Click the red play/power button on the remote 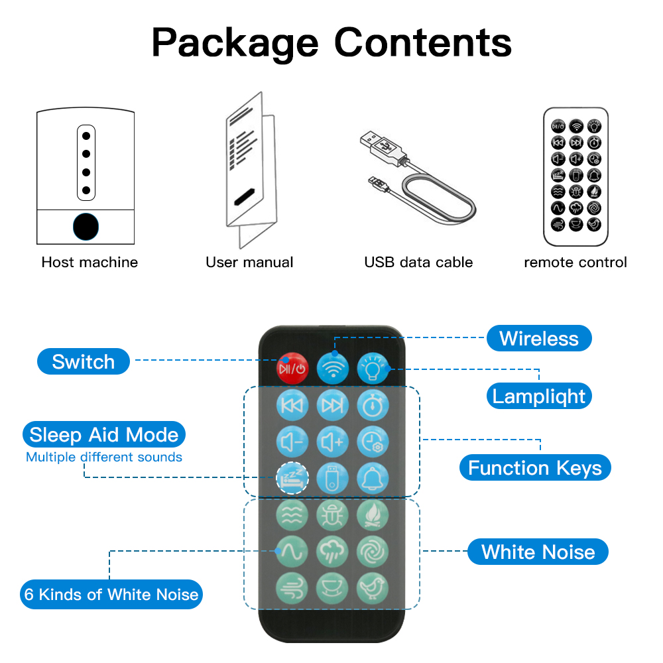(292, 368)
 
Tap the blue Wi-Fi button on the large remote (333, 368)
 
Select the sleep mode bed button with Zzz (292, 478)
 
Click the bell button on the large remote (373, 478)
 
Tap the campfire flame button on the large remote (373, 515)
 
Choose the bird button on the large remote (373, 588)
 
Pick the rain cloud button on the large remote (333, 552)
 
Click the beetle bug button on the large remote (333, 515)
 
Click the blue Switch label (84, 361)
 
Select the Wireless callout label (539, 338)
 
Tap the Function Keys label (535, 467)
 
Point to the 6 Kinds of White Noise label (111, 595)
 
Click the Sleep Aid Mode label (104, 435)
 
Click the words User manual (249, 262)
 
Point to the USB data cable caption (418, 262)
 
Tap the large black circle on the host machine (86, 227)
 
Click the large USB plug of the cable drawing (383, 148)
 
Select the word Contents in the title (423, 42)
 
